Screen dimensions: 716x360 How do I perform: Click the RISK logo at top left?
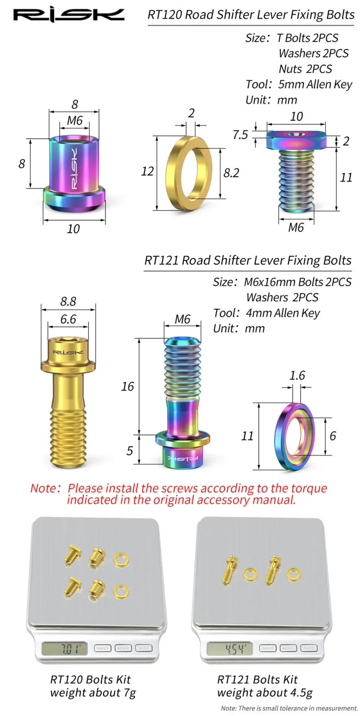pos(68,15)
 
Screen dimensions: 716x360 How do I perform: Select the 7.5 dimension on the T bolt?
pos(240,135)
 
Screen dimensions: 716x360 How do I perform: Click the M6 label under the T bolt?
pos(296,227)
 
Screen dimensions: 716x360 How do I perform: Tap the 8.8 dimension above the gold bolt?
pos(68,301)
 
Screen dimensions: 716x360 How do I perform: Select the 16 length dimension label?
pos(127,386)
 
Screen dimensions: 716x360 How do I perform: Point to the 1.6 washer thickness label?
pos(297,376)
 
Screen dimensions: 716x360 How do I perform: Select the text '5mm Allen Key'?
pos(315,85)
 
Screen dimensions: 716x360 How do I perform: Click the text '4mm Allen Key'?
pos(283,313)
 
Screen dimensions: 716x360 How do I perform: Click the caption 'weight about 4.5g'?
pos(265,693)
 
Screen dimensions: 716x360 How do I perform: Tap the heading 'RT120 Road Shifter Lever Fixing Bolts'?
pos(251,15)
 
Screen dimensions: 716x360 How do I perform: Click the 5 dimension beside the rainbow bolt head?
pos(130,450)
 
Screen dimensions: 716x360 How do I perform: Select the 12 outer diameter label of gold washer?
pos(148,172)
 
